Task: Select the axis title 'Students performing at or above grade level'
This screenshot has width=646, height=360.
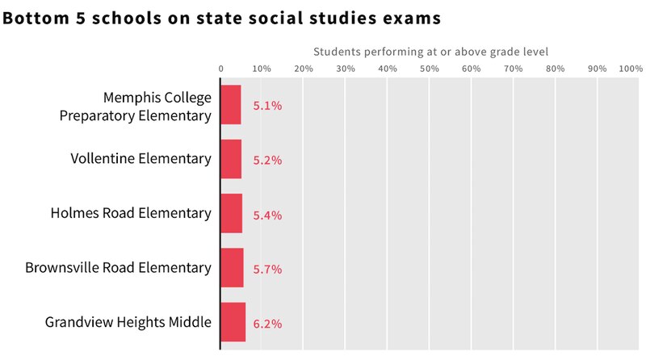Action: point(430,52)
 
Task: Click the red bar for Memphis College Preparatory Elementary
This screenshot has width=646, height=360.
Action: point(231,105)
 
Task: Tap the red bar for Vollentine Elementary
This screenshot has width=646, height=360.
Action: point(231,159)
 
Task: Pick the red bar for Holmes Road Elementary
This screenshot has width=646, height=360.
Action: point(232,213)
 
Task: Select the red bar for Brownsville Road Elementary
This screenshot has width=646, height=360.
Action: point(233,268)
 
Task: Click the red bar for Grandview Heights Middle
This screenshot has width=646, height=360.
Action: point(233,322)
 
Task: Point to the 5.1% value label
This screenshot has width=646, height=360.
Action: point(267,106)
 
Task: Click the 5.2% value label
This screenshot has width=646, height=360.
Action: point(267,160)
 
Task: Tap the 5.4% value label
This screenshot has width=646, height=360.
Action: point(267,215)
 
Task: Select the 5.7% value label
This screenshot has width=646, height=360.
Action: point(267,269)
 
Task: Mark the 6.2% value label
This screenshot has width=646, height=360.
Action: point(267,324)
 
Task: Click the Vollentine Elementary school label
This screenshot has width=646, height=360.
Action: point(141,158)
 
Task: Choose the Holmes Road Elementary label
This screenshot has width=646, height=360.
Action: point(131,213)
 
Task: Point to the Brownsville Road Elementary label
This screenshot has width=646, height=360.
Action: point(118,267)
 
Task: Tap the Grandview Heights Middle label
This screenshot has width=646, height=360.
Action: point(128,322)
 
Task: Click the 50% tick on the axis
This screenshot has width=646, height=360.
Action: point(429,69)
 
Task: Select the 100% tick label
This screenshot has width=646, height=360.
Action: point(631,69)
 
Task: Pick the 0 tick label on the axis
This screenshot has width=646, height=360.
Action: point(221,69)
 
